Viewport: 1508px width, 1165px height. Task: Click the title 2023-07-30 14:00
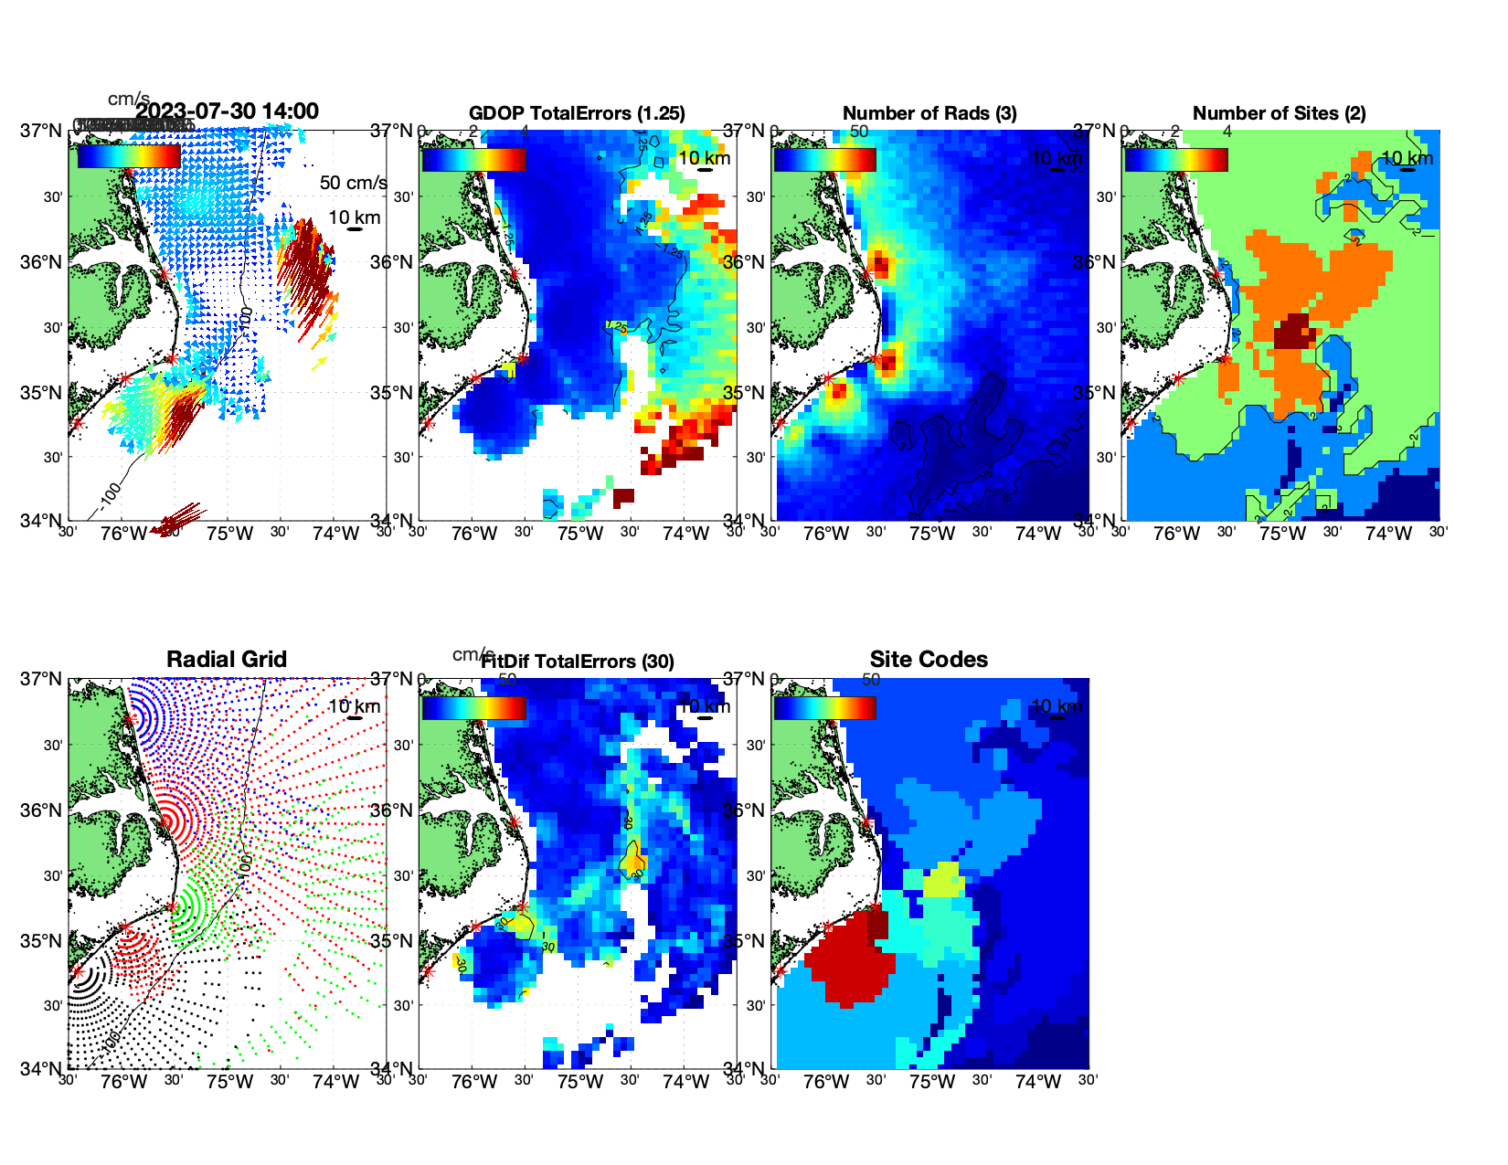228,111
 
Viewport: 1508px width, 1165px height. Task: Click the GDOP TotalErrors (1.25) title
577,113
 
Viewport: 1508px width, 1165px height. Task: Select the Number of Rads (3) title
929,113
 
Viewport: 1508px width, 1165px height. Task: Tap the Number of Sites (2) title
1279,113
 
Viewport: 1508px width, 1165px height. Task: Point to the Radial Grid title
227,660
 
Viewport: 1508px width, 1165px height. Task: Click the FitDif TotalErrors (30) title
578,662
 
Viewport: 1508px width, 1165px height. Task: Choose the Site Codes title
929,660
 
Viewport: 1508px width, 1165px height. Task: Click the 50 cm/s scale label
353,183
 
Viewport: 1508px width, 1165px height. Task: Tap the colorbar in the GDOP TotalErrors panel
473,159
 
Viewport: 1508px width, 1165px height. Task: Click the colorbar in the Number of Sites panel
1176,159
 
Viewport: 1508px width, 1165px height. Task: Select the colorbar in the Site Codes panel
824,707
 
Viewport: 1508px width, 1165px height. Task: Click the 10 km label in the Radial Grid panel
354,706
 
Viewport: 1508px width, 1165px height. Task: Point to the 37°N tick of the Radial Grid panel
41,679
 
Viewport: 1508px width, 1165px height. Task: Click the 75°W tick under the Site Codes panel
932,1083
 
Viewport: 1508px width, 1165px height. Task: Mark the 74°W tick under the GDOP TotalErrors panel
686,535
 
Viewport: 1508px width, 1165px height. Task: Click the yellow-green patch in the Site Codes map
944,881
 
